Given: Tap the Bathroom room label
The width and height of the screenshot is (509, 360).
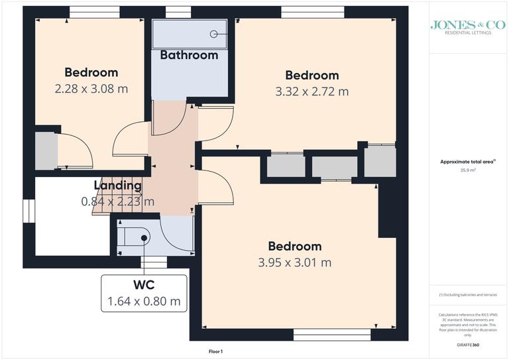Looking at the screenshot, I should click(189, 55).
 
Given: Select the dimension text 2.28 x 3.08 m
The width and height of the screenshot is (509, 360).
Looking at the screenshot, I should click(91, 88).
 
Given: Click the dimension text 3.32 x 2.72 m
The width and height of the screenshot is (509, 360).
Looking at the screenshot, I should click(311, 91).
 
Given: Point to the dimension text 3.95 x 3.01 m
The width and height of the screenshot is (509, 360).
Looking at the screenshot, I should click(295, 262).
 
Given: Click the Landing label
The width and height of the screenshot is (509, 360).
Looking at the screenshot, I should click(117, 186).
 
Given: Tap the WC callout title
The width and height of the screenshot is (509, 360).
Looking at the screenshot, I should click(144, 286).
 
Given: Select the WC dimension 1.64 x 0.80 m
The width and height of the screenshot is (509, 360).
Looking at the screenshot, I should click(144, 302).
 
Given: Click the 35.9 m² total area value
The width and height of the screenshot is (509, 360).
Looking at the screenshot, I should click(468, 170).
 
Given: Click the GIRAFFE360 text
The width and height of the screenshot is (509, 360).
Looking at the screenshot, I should click(468, 345).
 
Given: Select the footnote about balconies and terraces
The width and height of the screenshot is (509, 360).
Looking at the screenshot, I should click(468, 294).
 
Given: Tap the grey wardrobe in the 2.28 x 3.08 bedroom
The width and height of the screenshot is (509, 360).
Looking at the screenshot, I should click(46, 150).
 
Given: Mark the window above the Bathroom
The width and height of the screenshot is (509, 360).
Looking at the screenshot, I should click(174, 11).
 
